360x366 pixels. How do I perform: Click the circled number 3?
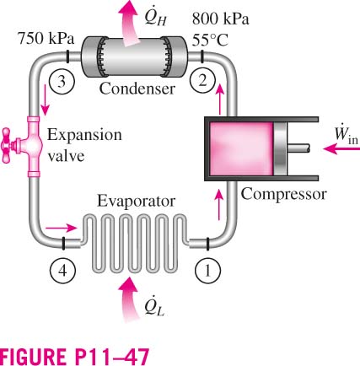point(62,82)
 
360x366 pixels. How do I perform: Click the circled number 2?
point(202,81)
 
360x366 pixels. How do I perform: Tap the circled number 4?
point(62,271)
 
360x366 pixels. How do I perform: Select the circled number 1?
point(207,271)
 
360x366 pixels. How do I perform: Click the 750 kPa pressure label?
point(46,38)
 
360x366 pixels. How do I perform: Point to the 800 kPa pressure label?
point(221,19)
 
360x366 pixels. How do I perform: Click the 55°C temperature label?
point(210,40)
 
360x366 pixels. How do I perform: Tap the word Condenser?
point(137,89)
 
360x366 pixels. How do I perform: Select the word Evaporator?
point(136,202)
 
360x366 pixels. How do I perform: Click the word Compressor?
point(284,195)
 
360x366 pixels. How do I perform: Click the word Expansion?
point(84,136)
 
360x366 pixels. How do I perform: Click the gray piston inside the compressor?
point(280,148)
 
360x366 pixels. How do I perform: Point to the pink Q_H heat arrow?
point(129,22)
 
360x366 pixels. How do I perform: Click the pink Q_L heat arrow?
point(129,299)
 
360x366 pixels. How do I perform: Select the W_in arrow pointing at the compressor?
point(341,148)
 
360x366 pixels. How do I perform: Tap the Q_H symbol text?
point(155,18)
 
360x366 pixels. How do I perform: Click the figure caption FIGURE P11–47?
point(74,357)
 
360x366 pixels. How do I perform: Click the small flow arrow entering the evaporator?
point(61,228)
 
